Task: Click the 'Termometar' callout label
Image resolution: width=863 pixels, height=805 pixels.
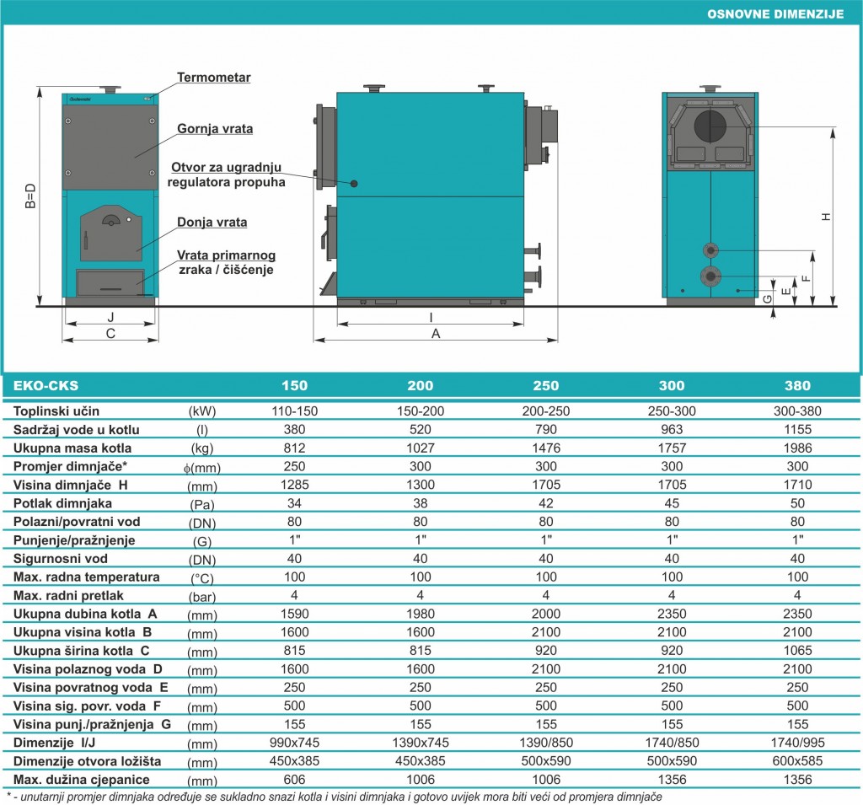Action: point(213,78)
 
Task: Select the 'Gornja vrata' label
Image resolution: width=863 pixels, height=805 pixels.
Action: point(215,129)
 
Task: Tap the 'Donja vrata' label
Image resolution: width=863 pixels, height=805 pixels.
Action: point(212,223)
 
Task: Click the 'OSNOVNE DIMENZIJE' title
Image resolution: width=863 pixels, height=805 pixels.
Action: point(775,14)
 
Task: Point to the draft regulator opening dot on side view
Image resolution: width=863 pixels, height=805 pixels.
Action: point(354,184)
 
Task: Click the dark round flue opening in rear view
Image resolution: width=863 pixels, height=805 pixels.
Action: point(710,126)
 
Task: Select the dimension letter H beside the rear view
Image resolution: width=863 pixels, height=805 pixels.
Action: point(826,217)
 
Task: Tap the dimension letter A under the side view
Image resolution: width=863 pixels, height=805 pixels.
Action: point(436,334)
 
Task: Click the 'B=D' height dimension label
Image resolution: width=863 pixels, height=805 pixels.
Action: point(30,196)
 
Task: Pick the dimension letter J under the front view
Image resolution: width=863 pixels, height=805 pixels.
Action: point(110,317)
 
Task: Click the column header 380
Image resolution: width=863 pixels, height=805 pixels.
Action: point(797,385)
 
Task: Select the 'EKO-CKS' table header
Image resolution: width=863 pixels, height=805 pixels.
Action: point(46,385)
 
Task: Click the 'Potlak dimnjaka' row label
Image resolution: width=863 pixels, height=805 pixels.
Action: point(62,503)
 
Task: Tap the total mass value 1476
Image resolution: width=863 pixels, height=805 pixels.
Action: point(546,448)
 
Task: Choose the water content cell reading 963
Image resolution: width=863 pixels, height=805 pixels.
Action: point(672,430)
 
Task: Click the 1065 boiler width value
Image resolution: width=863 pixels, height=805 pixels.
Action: point(797,651)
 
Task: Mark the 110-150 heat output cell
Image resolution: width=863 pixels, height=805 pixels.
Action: point(294,411)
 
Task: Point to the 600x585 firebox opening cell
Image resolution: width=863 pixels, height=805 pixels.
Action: point(797,761)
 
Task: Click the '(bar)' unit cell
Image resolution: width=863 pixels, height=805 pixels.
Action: point(202,596)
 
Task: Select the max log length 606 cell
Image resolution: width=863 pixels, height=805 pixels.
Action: point(294,780)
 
